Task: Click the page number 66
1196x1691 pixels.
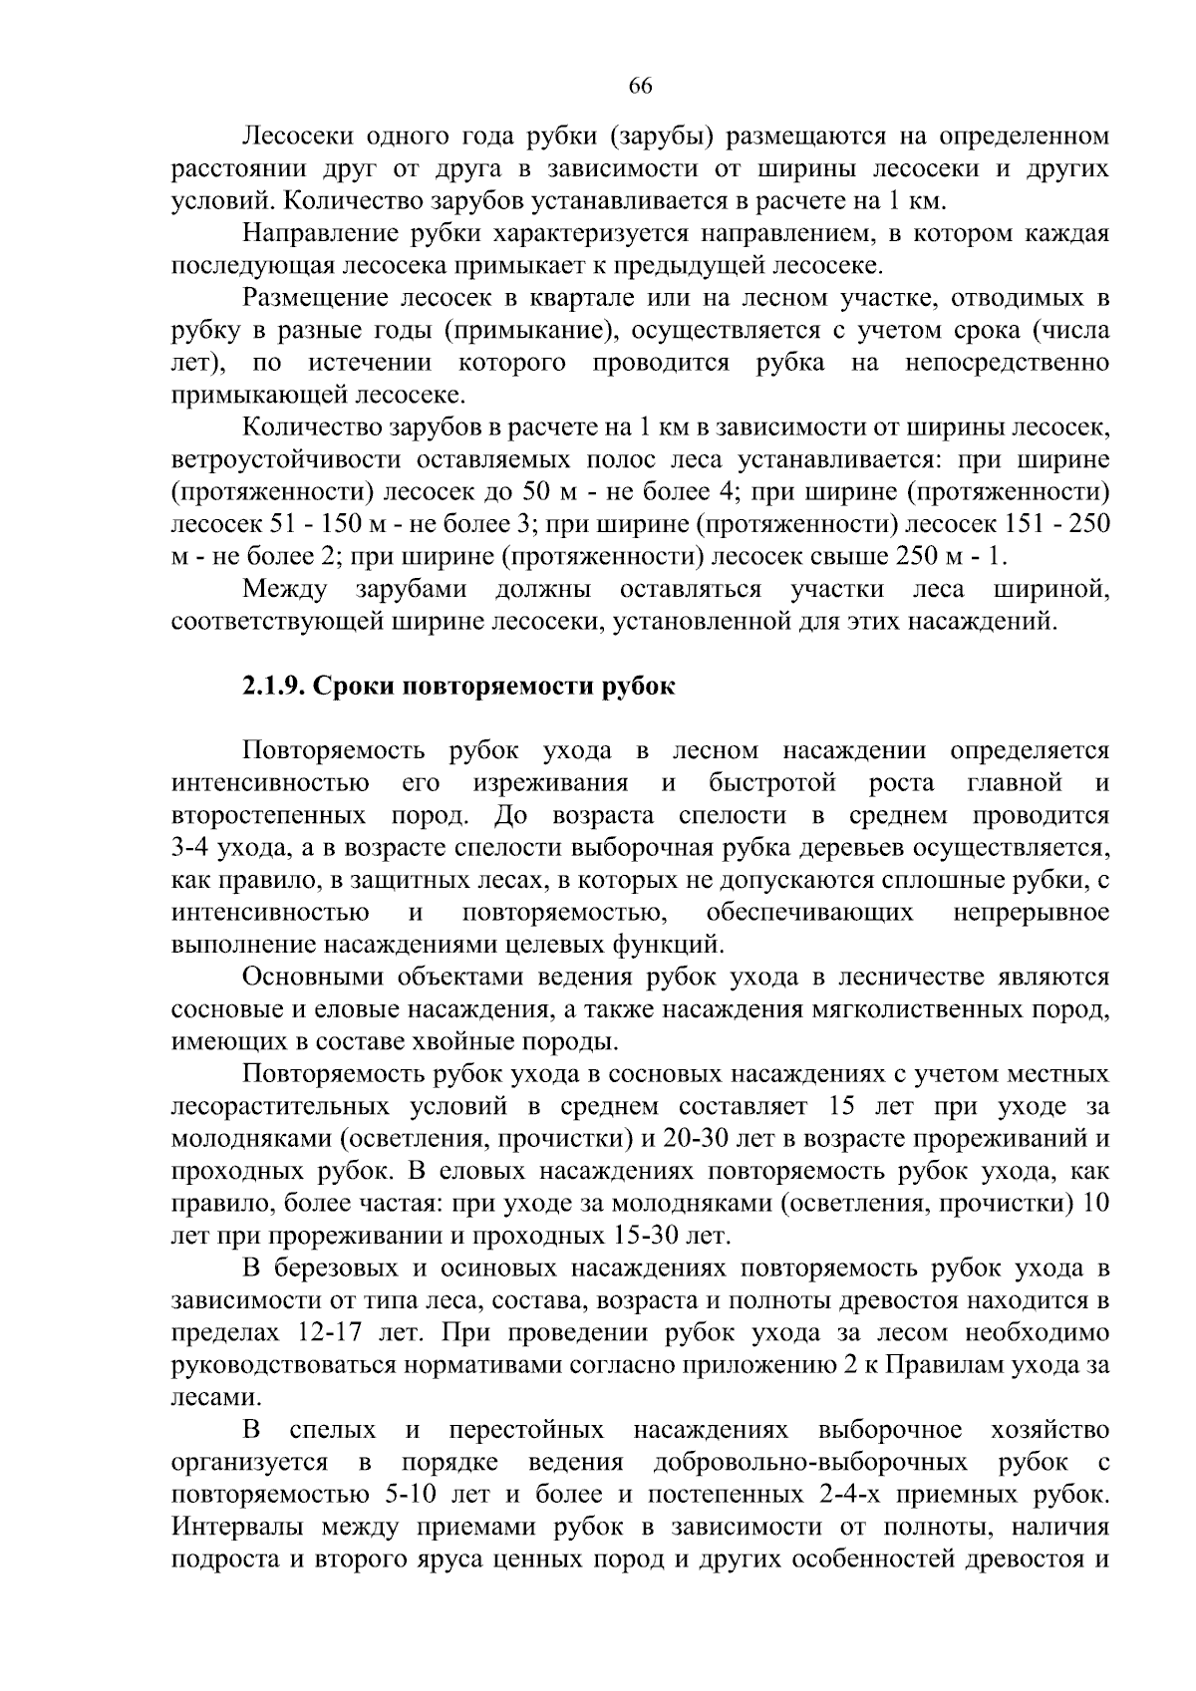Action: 640,87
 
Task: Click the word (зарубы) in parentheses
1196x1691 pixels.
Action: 661,136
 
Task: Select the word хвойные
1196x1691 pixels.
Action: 493,1042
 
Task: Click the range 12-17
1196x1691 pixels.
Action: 330,1333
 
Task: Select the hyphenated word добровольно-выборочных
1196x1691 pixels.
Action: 810,1463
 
